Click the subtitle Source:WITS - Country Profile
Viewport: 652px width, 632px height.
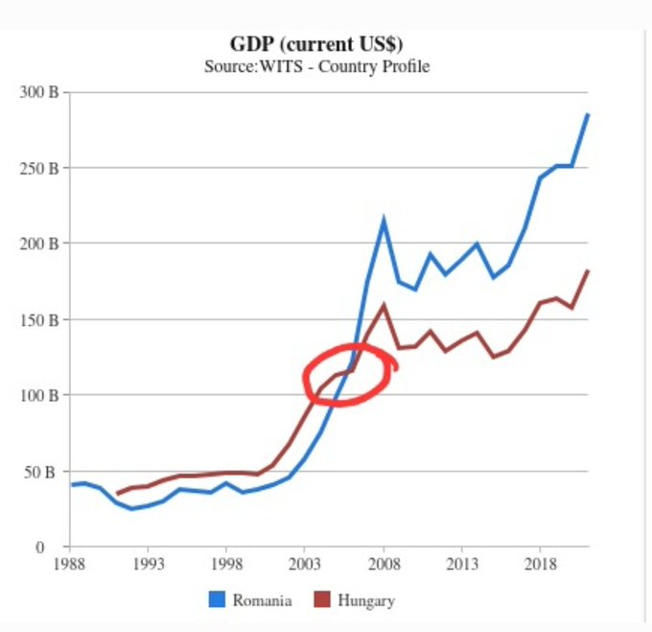pyautogui.click(x=315, y=67)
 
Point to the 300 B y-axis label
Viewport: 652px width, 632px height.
pyautogui.click(x=38, y=92)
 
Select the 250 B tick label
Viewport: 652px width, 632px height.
pyautogui.click(x=38, y=168)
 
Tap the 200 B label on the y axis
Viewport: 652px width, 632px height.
pyautogui.click(x=38, y=244)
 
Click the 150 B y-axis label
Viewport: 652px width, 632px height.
pyautogui.click(x=38, y=319)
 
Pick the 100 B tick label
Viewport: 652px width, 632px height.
pyautogui.click(x=38, y=395)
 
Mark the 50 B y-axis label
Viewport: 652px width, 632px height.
pyautogui.click(x=41, y=472)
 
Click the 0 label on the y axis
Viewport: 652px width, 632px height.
pyautogui.click(x=55, y=548)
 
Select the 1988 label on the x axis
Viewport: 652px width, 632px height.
pyautogui.click(x=69, y=564)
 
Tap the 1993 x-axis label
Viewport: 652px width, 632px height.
pyautogui.click(x=148, y=564)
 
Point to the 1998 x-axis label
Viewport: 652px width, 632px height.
pyautogui.click(x=226, y=564)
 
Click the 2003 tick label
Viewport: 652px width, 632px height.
pyautogui.click(x=305, y=564)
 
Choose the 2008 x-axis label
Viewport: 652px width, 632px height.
pyautogui.click(x=384, y=564)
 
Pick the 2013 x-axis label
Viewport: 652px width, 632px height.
pyautogui.click(x=462, y=564)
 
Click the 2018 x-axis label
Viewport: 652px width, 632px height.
pyautogui.click(x=541, y=564)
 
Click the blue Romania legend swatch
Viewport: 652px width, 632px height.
pyautogui.click(x=217, y=600)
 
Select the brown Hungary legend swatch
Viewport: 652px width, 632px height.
pyautogui.click(x=321, y=600)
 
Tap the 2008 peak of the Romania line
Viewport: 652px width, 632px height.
pyautogui.click(x=384, y=221)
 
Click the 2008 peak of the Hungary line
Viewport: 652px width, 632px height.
pyautogui.click(x=384, y=306)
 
